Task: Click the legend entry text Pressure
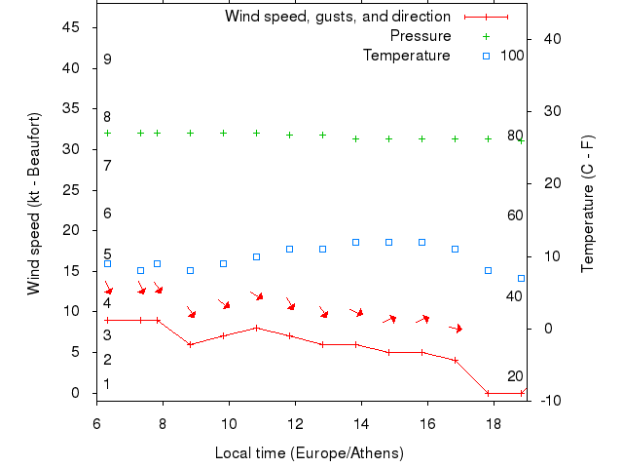pos(421,36)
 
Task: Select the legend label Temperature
pos(407,56)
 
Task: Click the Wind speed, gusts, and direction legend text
pos(338,17)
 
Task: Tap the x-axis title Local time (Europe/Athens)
pos(309,453)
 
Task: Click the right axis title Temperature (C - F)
pos(587,204)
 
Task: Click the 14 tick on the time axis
pos(361,423)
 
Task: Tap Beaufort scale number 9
pos(107,59)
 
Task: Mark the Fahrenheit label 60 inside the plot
pos(515,215)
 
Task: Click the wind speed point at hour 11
pos(257,328)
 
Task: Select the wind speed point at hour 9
pos(191,344)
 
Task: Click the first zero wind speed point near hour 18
pos(488,393)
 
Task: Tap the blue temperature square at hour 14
pos(355,242)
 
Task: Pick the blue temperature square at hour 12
pos(289,249)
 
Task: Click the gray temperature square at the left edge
pos(107,263)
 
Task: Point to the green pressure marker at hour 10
pos(224,133)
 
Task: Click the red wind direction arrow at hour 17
pos(456,329)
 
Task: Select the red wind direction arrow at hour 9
pos(191,312)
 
